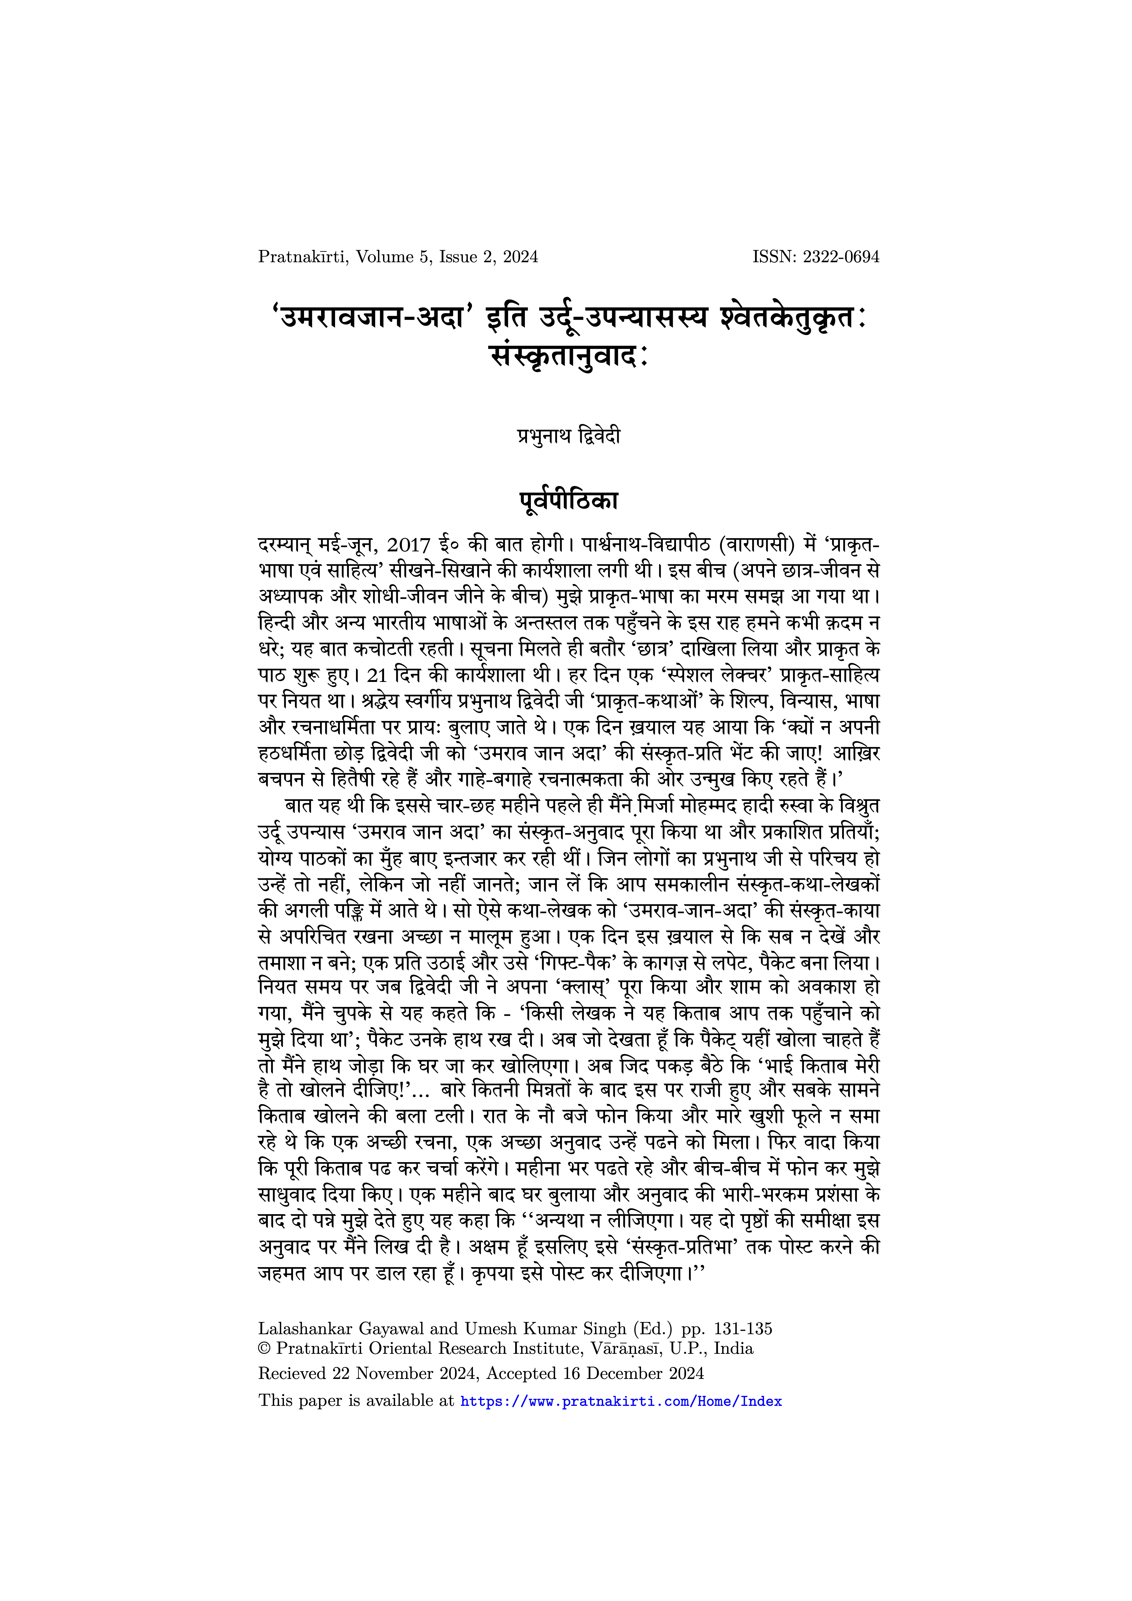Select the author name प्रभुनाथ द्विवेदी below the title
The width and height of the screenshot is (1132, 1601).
tap(569, 437)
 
